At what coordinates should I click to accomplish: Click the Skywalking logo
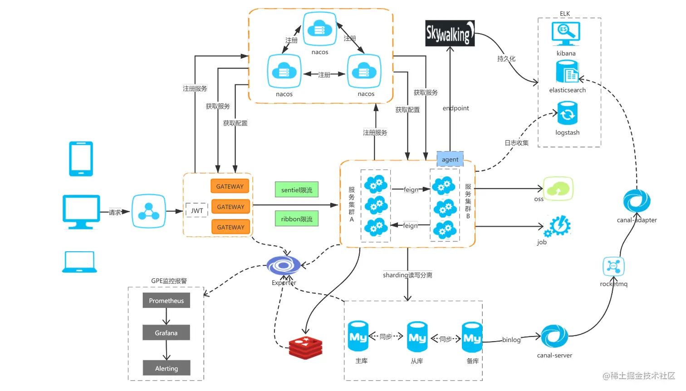pyautogui.click(x=450, y=33)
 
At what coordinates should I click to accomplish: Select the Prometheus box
pyautogui.click(x=166, y=300)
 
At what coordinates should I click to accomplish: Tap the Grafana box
pyautogui.click(x=166, y=332)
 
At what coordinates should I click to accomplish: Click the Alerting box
pyautogui.click(x=166, y=368)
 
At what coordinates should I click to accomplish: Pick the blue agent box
pyautogui.click(x=450, y=159)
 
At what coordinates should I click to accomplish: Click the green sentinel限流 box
pyautogui.click(x=297, y=190)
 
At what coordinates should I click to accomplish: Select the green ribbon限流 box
pyautogui.click(x=297, y=219)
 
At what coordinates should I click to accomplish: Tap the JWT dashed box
pyautogui.click(x=197, y=210)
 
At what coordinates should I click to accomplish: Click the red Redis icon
pyautogui.click(x=306, y=348)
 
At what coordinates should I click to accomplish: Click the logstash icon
pyautogui.click(x=567, y=113)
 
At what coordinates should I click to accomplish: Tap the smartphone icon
pyautogui.click(x=81, y=159)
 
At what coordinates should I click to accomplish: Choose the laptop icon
pyautogui.click(x=79, y=262)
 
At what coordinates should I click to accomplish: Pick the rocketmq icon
pyautogui.click(x=613, y=267)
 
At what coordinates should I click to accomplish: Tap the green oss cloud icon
pyautogui.click(x=558, y=189)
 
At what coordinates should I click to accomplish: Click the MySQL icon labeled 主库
pyautogui.click(x=358, y=336)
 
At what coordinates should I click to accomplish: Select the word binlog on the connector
pyautogui.click(x=511, y=340)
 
